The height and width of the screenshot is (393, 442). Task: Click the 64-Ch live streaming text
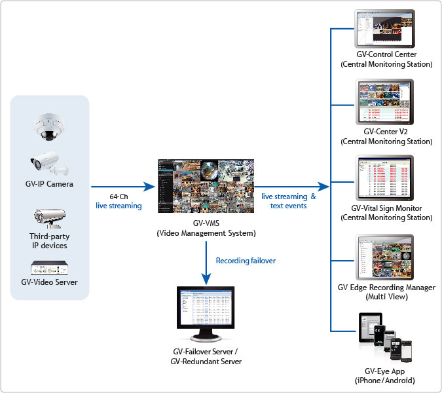pyautogui.click(x=118, y=201)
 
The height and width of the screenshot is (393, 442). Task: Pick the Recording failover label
pyautogui.click(x=246, y=260)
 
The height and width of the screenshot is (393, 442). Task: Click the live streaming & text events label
pyautogui.click(x=288, y=201)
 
